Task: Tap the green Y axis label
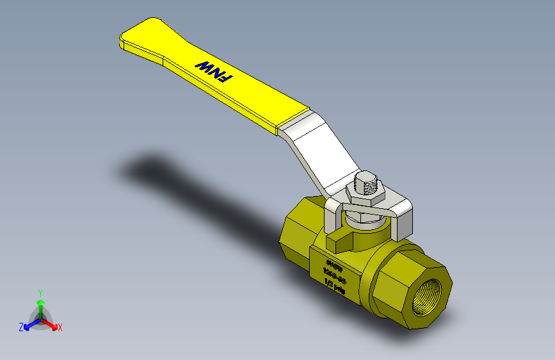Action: click(x=40, y=292)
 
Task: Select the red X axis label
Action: click(x=60, y=327)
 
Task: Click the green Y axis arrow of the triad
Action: click(x=40, y=306)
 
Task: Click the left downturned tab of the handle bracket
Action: click(x=331, y=218)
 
